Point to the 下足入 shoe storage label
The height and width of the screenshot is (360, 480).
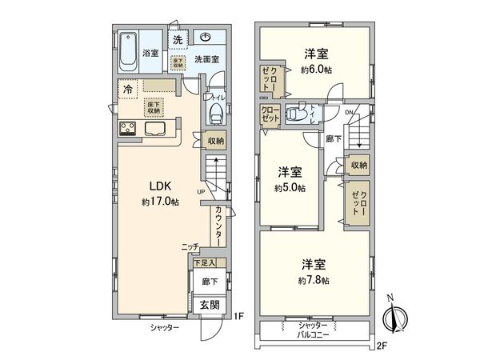click(x=205, y=262)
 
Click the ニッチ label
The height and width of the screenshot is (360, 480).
click(x=190, y=248)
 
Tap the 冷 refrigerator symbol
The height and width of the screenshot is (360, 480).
click(x=128, y=90)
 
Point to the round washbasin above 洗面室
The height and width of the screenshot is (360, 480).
click(x=206, y=37)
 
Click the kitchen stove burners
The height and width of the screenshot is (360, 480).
click(x=128, y=129)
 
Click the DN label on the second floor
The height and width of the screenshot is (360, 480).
click(x=350, y=112)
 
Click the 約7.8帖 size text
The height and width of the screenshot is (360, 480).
click(x=314, y=280)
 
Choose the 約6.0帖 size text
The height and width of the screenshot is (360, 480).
click(x=317, y=69)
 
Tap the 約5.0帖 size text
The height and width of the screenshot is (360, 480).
click(x=289, y=188)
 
